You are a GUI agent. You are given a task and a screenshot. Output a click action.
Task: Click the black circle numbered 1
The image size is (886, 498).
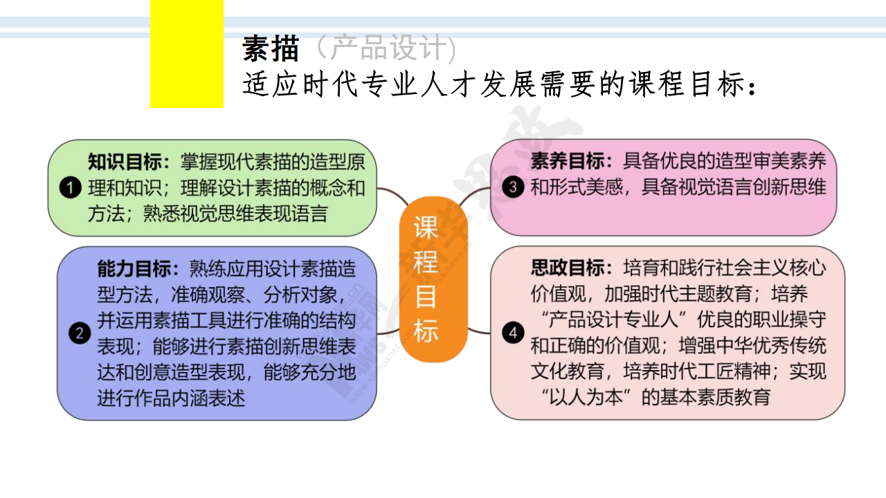71,187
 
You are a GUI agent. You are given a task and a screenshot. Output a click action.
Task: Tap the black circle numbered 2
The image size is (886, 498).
80,333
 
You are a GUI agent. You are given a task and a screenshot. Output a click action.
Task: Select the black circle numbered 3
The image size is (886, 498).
513,187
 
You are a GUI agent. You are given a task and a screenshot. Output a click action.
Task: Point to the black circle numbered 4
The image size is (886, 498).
513,333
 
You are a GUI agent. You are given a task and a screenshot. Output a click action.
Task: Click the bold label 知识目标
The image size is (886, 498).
125,162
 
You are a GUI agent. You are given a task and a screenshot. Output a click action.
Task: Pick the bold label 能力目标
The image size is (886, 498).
134,269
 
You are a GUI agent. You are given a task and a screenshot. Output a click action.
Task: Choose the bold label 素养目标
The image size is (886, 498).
568,161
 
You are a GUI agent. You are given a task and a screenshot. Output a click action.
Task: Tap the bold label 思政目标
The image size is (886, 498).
568,268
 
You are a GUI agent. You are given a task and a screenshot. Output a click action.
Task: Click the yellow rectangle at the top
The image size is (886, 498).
187,54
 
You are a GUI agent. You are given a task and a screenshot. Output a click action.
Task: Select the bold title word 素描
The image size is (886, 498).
271,48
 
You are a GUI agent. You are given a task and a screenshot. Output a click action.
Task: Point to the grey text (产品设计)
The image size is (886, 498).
386,48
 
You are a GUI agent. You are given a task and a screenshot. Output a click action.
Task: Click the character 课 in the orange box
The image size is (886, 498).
426,228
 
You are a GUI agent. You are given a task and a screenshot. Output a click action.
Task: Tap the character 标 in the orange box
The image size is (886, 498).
426,331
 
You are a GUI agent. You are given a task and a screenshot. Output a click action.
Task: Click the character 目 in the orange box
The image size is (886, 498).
426,297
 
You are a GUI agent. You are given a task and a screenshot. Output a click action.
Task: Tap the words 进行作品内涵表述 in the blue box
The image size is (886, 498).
171,398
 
